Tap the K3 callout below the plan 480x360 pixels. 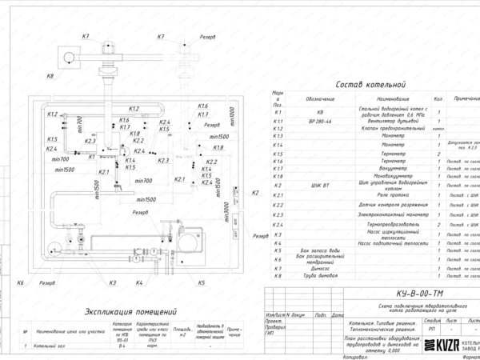pos(113,283)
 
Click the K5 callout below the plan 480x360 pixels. pos(202,283)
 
